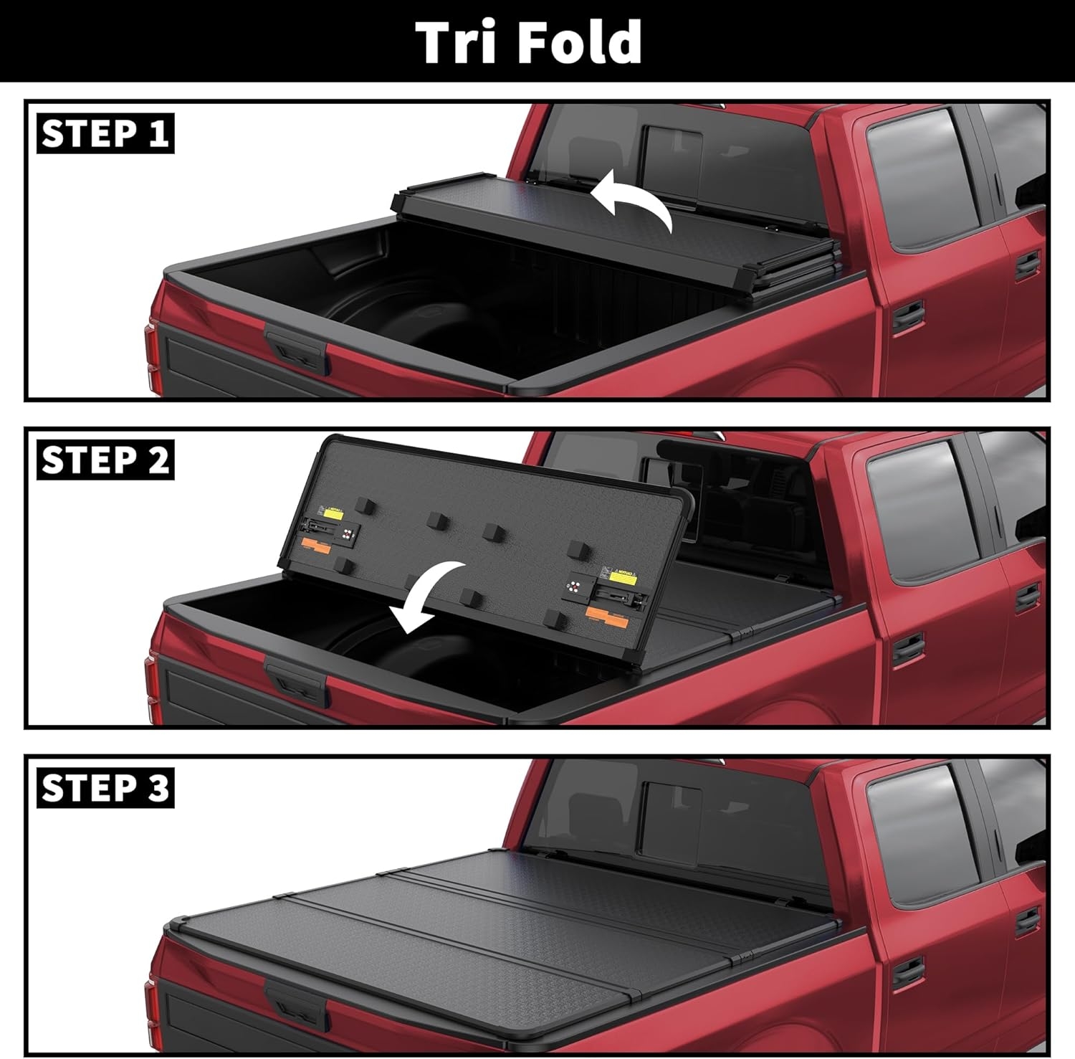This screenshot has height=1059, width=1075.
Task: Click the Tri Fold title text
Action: pyautogui.click(x=529, y=42)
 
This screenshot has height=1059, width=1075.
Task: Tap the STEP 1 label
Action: pyautogui.click(x=105, y=134)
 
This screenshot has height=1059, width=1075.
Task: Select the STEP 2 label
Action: pyautogui.click(x=105, y=460)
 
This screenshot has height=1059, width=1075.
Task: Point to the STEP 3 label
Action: pyautogui.click(x=105, y=788)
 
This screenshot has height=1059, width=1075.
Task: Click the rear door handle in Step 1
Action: pyautogui.click(x=907, y=315)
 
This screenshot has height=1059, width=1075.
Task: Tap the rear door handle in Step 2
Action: pyautogui.click(x=907, y=647)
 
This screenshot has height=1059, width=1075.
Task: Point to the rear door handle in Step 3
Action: pyautogui.click(x=907, y=974)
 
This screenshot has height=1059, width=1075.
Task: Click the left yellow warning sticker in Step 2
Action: pyautogui.click(x=333, y=513)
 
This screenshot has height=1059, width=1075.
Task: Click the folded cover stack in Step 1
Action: pyautogui.click(x=616, y=229)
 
